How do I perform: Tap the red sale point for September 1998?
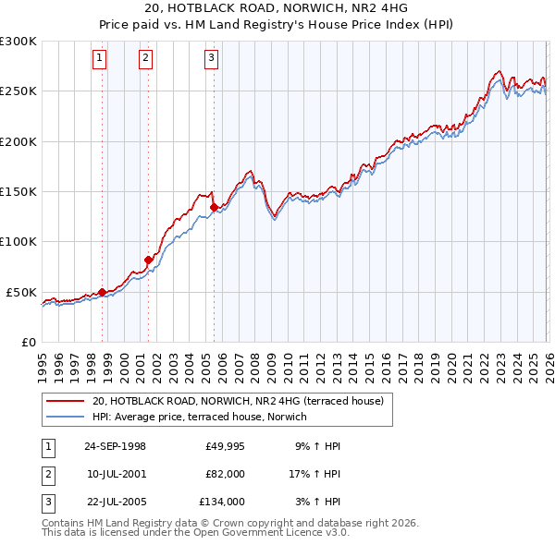point(102,292)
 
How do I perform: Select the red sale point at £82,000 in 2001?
point(148,260)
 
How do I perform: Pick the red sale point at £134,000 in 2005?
point(214,208)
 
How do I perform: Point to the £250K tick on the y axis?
point(18,91)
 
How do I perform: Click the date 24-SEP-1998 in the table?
point(115,446)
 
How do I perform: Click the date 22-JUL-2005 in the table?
point(115,502)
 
